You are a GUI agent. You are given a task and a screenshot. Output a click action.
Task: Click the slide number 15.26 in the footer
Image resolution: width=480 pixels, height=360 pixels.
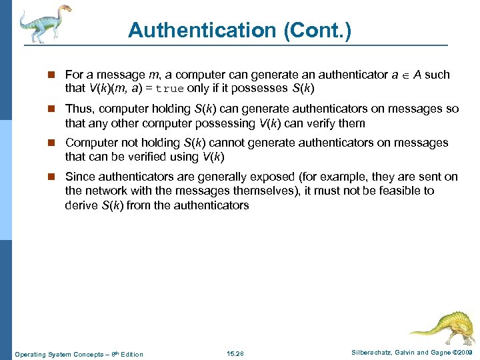pyautogui.click(x=236, y=353)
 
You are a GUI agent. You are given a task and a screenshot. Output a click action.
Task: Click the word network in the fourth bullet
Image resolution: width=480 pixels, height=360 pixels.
pyautogui.click(x=106, y=191)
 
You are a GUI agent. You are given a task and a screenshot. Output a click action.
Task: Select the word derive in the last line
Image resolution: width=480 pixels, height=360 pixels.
pyautogui.click(x=81, y=205)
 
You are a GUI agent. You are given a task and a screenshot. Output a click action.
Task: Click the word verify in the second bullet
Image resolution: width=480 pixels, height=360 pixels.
pyautogui.click(x=321, y=123)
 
